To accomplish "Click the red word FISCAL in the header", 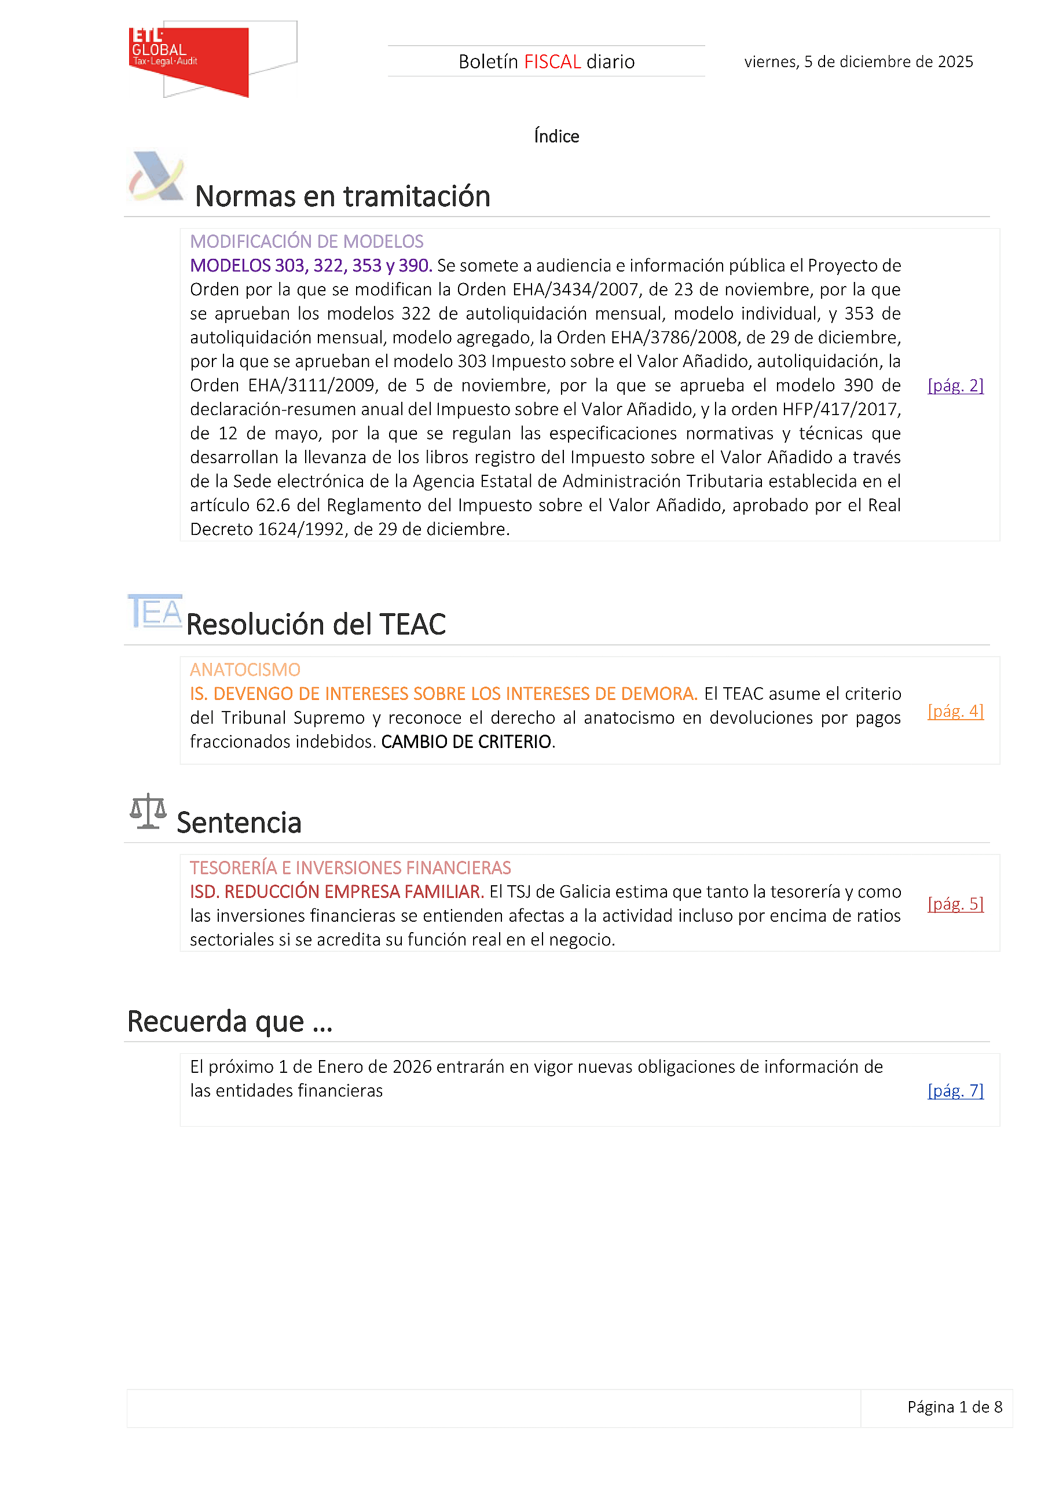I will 552,61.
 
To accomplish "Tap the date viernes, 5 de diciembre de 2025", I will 858,61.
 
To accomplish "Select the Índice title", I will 556,136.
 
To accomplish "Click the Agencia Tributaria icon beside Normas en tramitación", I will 156,177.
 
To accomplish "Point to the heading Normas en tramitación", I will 342,196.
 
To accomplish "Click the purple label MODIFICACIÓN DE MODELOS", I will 306,241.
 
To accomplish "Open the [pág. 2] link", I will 955,386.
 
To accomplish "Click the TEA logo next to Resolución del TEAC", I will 155,611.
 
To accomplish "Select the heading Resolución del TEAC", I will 316,625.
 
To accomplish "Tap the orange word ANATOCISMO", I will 245,670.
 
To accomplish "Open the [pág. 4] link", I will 955,711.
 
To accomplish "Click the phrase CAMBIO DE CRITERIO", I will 466,742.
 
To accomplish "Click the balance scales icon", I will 148,811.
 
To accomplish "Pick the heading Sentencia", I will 239,823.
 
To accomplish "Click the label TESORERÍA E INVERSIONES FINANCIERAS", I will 350,868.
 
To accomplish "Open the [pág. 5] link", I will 955,904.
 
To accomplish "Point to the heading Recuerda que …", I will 230,1022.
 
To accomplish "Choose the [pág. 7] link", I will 955,1091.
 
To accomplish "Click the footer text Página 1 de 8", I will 954,1407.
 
